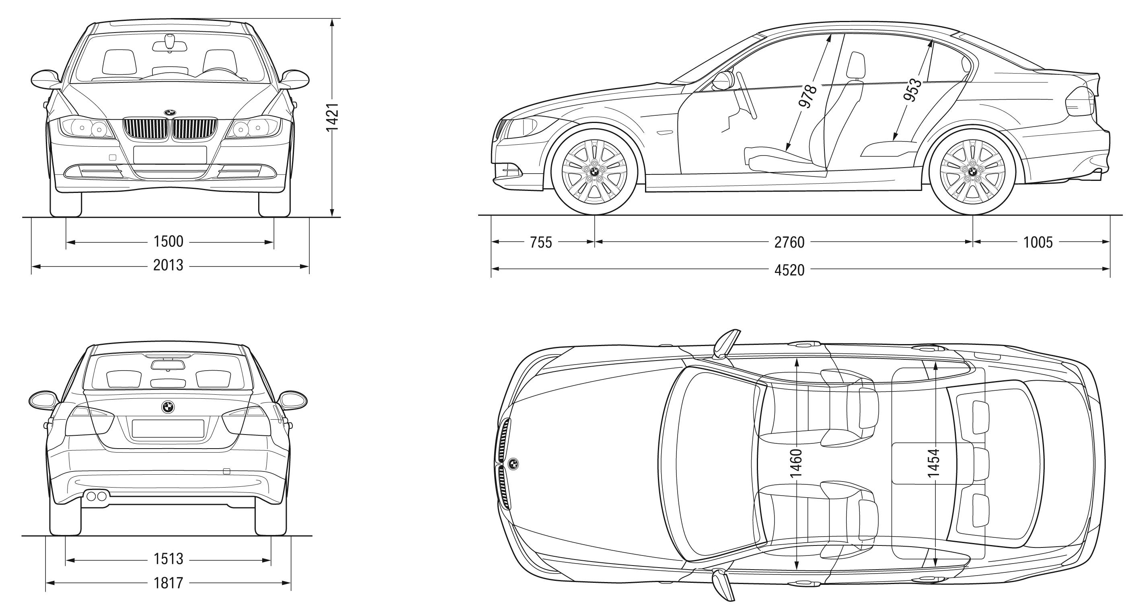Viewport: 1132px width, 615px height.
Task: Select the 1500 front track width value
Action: (168, 241)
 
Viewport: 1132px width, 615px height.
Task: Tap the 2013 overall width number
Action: (168, 265)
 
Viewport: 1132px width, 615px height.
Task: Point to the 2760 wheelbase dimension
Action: (789, 242)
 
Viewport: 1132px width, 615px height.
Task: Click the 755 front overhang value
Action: (540, 242)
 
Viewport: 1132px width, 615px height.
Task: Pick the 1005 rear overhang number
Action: (1038, 242)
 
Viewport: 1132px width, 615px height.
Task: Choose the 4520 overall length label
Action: (789, 270)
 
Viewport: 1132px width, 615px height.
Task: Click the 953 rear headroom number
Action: (913, 90)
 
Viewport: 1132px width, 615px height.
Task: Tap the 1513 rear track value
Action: (168, 559)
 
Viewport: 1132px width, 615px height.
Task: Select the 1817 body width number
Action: (168, 583)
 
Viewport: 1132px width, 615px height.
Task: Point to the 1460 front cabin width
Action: (796, 463)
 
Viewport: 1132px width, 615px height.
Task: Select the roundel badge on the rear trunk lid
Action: (167, 407)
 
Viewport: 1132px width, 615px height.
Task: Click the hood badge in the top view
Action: (513, 464)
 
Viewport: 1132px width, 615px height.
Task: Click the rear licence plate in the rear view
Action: (168, 428)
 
